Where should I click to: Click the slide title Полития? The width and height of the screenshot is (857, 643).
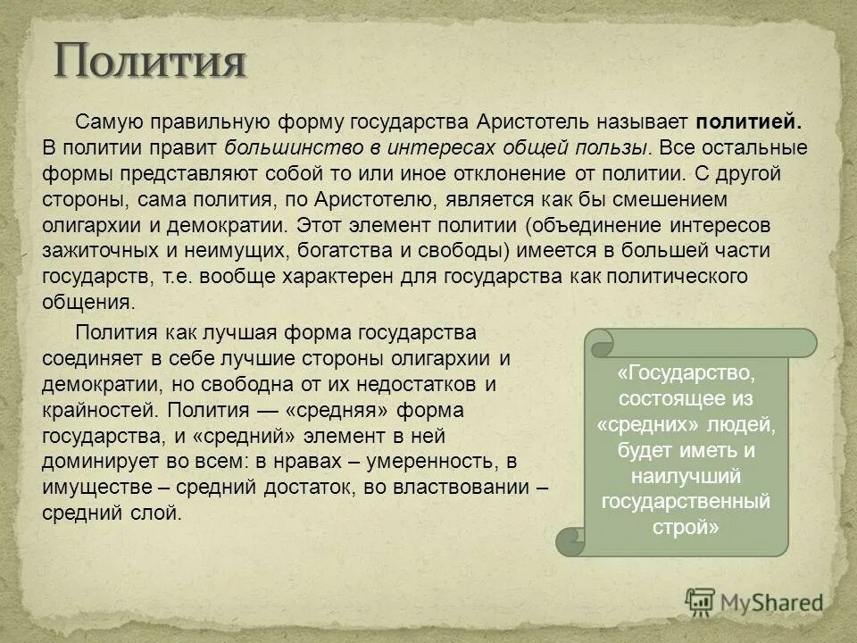(x=149, y=62)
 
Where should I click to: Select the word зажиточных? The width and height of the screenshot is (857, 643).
(x=97, y=250)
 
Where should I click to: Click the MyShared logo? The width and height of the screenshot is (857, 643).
(x=755, y=603)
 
